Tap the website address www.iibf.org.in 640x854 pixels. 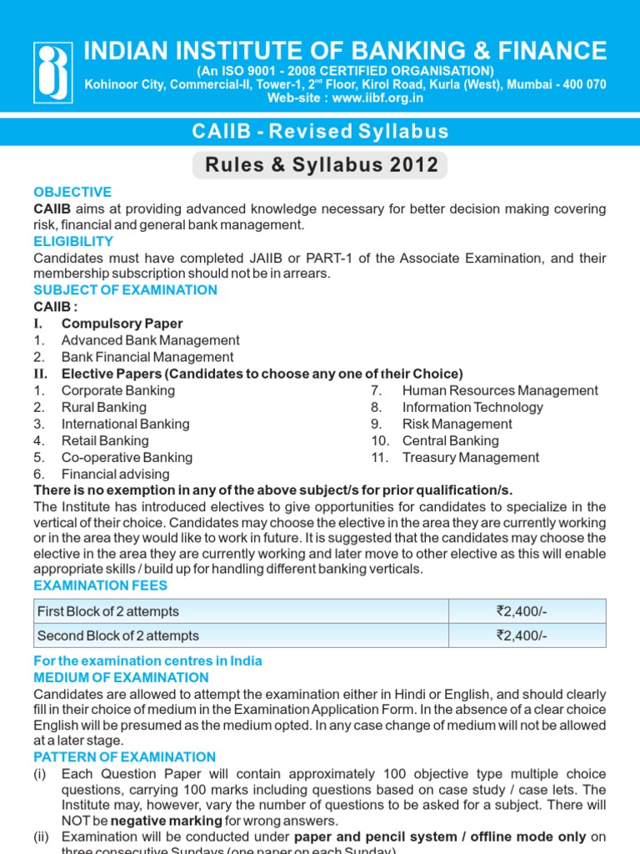pyautogui.click(x=345, y=98)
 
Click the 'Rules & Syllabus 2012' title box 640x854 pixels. pyautogui.click(x=320, y=164)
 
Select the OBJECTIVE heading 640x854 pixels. pyautogui.click(x=72, y=192)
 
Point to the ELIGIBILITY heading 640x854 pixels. pyautogui.click(x=73, y=242)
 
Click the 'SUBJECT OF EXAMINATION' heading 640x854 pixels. pyautogui.click(x=125, y=290)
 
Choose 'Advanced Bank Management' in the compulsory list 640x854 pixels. pyautogui.click(x=150, y=340)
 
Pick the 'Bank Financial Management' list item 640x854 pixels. pyautogui.click(x=147, y=357)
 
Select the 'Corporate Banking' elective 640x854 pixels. pyautogui.click(x=118, y=390)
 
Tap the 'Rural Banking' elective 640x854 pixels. pyautogui.click(x=103, y=407)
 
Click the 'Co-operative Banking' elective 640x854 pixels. pyautogui.click(x=127, y=457)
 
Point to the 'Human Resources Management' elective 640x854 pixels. pyautogui.click(x=500, y=390)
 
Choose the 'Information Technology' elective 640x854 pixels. pyautogui.click(x=472, y=407)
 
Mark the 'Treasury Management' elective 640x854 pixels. pyautogui.click(x=471, y=457)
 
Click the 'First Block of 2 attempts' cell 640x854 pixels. pyautogui.click(x=108, y=611)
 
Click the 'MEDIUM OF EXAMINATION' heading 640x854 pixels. pyautogui.click(x=121, y=677)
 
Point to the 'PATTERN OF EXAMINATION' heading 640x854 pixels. pyautogui.click(x=124, y=757)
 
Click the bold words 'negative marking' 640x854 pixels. pyautogui.click(x=158, y=821)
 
